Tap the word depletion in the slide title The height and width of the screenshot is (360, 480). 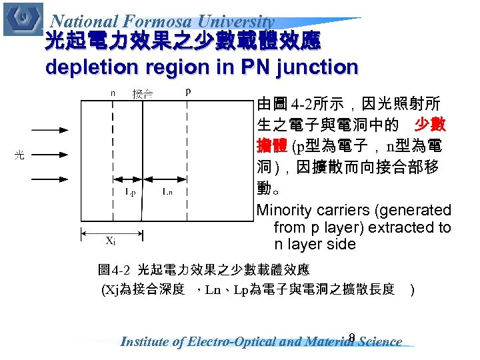point(85,67)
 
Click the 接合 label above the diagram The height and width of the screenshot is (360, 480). point(142,93)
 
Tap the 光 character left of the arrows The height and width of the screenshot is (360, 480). point(20,155)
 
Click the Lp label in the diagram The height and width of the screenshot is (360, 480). point(130,193)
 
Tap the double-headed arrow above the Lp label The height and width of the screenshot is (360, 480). point(127,179)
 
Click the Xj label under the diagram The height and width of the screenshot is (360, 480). point(111,241)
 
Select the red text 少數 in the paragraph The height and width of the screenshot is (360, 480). point(430,124)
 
